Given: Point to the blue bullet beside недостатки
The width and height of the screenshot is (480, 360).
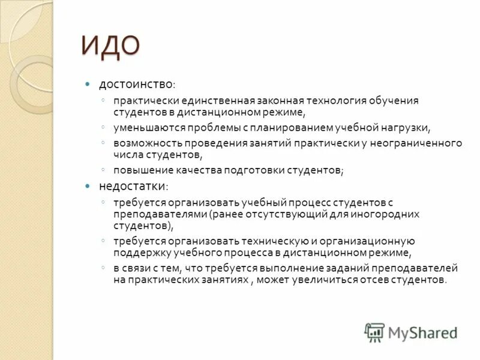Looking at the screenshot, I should point(87,186).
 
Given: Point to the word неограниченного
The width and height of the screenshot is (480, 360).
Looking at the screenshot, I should point(421,143).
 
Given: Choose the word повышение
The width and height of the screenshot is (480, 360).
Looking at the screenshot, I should point(144,170).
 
